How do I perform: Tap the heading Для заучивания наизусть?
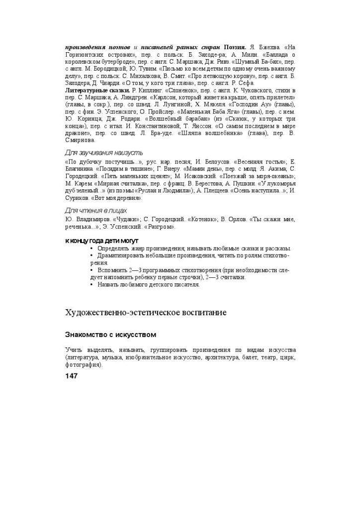[104, 153]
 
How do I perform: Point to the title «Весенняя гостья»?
[258, 162]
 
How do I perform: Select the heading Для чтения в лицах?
[96, 210]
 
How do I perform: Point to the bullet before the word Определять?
[91, 249]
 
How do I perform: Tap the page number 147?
[72, 376]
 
